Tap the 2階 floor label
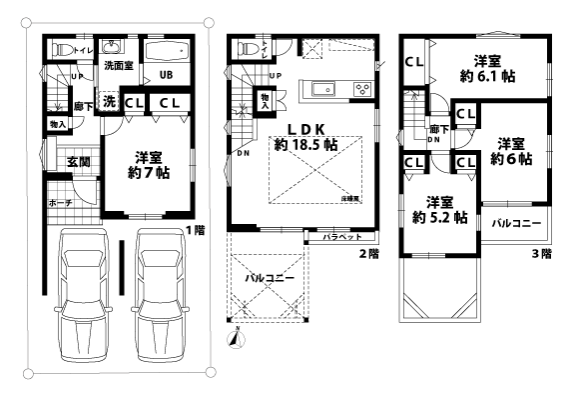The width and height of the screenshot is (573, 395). [x=368, y=254]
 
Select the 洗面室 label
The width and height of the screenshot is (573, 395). [x=119, y=66]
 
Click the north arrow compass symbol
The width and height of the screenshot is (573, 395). [x=235, y=337]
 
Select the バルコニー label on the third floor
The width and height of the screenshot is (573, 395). [x=516, y=221]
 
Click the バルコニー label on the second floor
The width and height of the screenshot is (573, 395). [x=270, y=279]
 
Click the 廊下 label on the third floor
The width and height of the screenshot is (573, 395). [x=436, y=129]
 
